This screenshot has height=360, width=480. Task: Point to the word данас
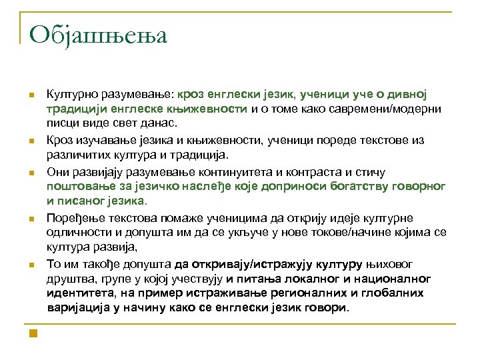(159, 124)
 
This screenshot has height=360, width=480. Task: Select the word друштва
(70, 279)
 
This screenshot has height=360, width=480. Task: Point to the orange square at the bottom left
(32, 331)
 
